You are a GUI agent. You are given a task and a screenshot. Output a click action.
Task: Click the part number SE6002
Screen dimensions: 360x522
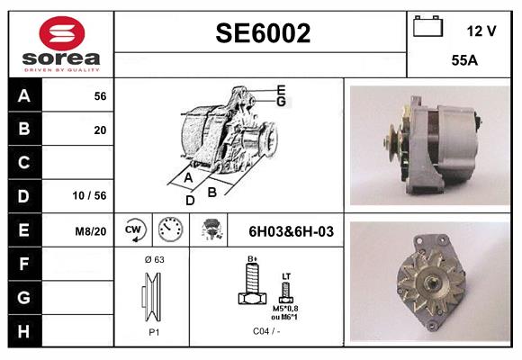click(x=263, y=34)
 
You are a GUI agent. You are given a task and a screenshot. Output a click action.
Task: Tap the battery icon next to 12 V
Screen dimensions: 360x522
click(x=426, y=28)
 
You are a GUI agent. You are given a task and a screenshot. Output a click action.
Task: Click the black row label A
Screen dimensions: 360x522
click(x=24, y=95)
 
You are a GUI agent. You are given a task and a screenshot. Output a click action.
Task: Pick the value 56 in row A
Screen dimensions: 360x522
click(x=100, y=96)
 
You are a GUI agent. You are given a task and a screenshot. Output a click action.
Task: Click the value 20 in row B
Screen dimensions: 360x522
click(x=100, y=130)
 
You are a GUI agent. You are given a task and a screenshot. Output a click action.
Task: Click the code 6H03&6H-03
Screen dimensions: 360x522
click(x=291, y=231)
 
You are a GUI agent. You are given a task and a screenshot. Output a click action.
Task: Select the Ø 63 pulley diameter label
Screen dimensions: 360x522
click(x=153, y=259)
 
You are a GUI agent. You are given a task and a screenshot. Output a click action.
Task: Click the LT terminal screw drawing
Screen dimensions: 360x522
click(x=286, y=290)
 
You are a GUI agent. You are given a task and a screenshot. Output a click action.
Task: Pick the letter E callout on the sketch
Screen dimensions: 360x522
click(x=281, y=89)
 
